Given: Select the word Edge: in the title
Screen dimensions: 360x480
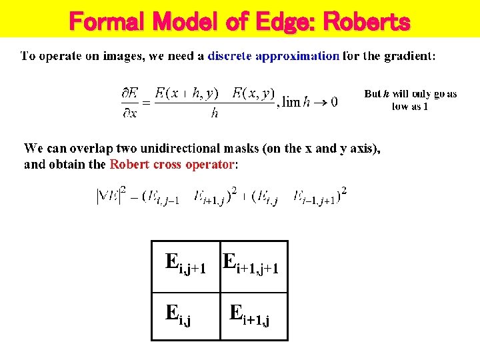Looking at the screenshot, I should tap(283, 22).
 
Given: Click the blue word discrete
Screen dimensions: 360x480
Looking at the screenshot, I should tap(230, 56).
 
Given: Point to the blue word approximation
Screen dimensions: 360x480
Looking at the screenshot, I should tap(297, 56).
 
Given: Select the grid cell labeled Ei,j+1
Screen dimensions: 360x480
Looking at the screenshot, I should tap(186, 266).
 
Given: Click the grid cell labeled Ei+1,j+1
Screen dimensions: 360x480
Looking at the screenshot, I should tap(254, 266).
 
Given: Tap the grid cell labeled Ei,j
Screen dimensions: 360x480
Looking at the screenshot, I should tap(186, 316).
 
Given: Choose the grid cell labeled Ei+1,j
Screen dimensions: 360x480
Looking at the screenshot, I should tap(254, 316).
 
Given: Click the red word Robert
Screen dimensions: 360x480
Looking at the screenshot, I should tap(130, 164).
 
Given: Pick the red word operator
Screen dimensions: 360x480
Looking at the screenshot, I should tap(210, 164).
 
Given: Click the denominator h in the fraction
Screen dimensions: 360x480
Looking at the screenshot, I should tap(215, 113).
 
